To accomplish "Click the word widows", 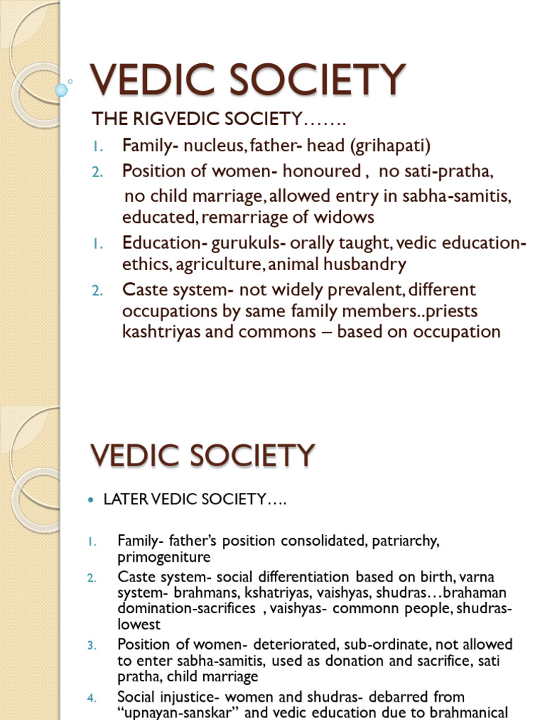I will (346, 217).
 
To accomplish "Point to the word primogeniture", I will (164, 557).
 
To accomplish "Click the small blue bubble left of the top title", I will (62, 89).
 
